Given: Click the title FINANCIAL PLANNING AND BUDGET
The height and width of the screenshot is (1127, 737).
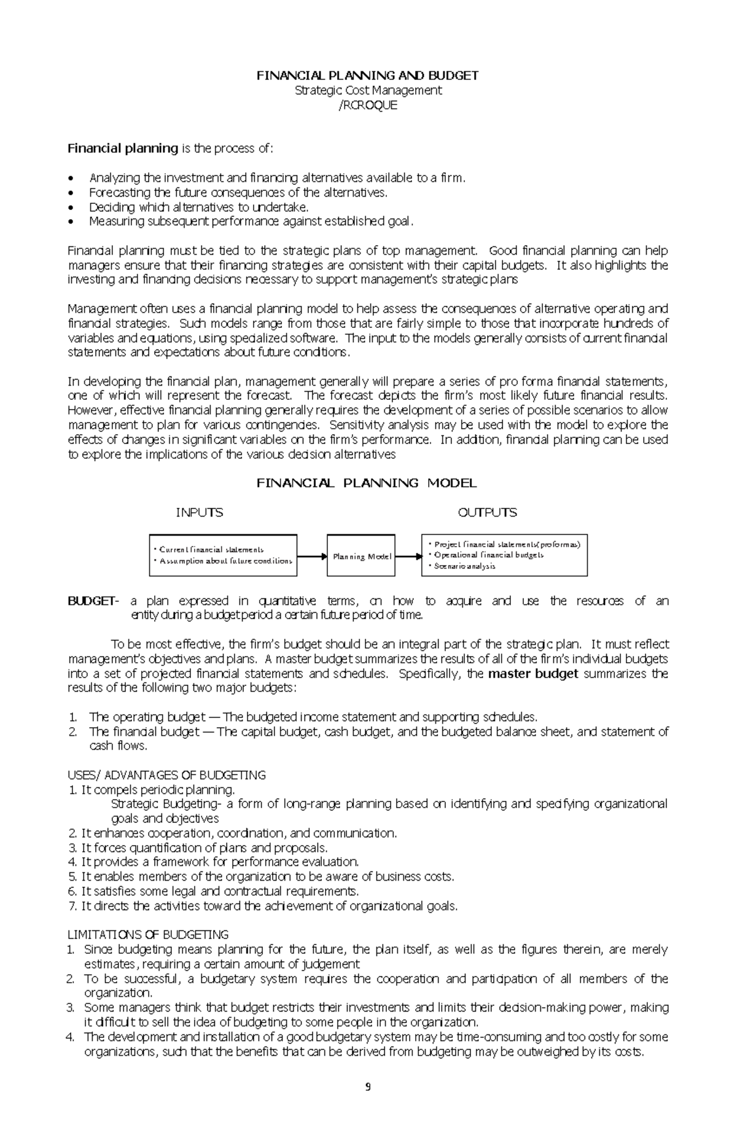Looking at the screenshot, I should pyautogui.click(x=367, y=76).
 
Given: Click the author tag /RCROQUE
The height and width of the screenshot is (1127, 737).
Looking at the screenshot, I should pyautogui.click(x=368, y=105).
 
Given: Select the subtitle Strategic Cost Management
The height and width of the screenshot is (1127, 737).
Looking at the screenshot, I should pyautogui.click(x=368, y=90).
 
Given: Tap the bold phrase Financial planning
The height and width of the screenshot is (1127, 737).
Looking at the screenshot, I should pyautogui.click(x=122, y=148).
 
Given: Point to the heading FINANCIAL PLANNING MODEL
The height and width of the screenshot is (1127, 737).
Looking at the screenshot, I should pyautogui.click(x=366, y=483).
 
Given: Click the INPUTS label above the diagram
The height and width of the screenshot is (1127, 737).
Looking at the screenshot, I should pyautogui.click(x=199, y=512).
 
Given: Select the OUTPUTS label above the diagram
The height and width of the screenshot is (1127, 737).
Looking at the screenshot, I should pyautogui.click(x=487, y=512).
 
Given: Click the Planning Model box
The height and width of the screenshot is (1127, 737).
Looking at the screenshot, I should pyautogui.click(x=361, y=556).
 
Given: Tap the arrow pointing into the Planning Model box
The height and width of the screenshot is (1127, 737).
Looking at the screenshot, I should pyautogui.click(x=312, y=556).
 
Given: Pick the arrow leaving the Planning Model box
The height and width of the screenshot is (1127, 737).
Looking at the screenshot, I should pyautogui.click(x=407, y=556).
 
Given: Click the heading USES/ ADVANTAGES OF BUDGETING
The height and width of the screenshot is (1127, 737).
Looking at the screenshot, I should pyautogui.click(x=166, y=775).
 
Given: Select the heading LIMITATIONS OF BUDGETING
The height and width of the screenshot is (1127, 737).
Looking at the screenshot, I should pyautogui.click(x=147, y=935).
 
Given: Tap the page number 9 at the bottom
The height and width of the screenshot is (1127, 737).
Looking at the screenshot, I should pyautogui.click(x=368, y=1087).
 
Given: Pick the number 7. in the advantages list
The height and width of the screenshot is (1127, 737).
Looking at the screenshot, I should pyautogui.click(x=71, y=906).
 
